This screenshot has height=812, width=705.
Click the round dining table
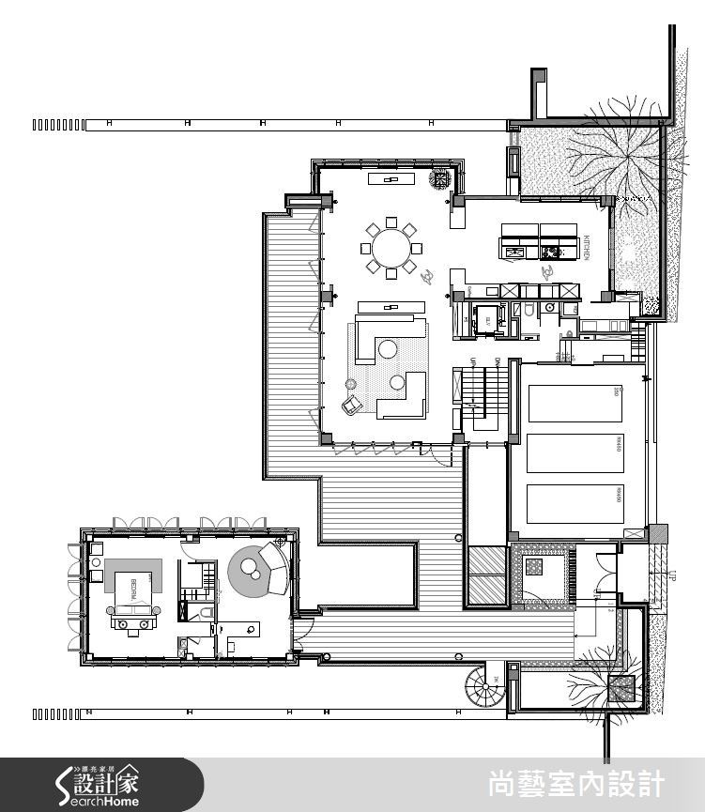tap(391, 249)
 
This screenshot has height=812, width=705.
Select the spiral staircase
tap(487, 693)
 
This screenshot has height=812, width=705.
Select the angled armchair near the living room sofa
tap(351, 405)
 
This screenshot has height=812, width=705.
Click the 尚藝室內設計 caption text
tap(576, 784)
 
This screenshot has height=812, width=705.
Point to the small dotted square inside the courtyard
tap(535, 568)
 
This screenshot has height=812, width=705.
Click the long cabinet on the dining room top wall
tap(394, 178)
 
